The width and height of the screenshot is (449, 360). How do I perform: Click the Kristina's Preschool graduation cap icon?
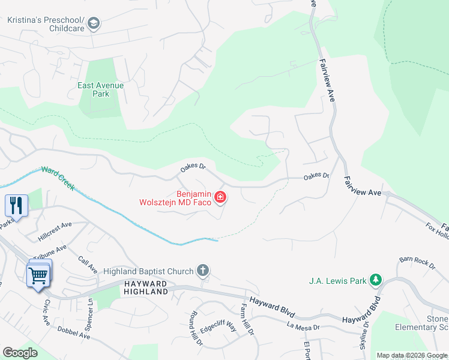(x=94, y=23)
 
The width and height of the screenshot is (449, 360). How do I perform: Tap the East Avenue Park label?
(x=100, y=89)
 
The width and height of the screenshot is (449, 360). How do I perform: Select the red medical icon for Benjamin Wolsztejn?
(x=220, y=197)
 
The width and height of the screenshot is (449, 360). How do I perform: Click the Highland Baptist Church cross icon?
(x=203, y=271)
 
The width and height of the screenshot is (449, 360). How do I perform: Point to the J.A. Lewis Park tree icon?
(x=376, y=280)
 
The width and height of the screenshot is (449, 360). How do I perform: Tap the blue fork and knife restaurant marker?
(x=16, y=205)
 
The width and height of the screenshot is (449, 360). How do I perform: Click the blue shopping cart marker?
(x=38, y=275)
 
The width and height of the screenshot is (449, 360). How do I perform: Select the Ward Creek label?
(x=58, y=178)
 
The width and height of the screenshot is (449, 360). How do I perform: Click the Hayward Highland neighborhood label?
(x=146, y=287)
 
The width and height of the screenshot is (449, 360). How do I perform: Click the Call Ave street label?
(x=88, y=264)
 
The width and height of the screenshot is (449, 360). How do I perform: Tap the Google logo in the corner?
(x=20, y=353)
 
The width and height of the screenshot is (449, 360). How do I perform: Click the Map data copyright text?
(x=412, y=355)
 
